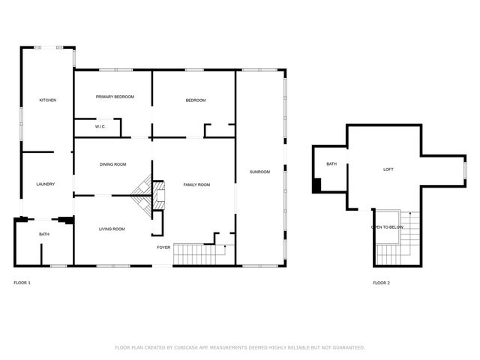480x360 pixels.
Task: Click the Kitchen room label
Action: [48, 100]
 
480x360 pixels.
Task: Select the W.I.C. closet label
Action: [100, 127]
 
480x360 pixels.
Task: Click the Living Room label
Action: [112, 229]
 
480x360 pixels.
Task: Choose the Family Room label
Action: [197, 184]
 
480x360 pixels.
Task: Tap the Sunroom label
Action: [259, 173]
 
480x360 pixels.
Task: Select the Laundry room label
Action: [45, 184]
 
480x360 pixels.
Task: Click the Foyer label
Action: [163, 247]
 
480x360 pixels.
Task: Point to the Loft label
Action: [388, 169]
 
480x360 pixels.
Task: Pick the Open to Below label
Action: [388, 226]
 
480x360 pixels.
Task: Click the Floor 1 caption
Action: [22, 283]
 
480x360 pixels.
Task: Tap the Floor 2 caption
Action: [382, 283]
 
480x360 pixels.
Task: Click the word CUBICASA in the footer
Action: [190, 348]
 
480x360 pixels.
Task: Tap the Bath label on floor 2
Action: [331, 164]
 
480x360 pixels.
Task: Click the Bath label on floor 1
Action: [44, 235]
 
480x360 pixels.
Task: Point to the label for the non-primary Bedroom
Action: [196, 100]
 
